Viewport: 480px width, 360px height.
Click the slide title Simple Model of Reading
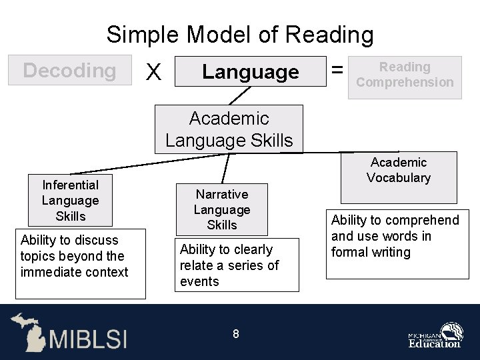click(240, 34)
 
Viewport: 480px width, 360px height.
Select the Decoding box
click(69, 70)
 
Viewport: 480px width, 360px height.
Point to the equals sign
click(338, 69)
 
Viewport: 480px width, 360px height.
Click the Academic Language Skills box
click(229, 129)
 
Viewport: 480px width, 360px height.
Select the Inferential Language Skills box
click(70, 201)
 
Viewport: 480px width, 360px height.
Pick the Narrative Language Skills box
click(221, 209)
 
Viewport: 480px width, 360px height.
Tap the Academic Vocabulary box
click(398, 177)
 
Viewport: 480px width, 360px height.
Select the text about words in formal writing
click(395, 237)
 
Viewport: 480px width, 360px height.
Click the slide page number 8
click(236, 334)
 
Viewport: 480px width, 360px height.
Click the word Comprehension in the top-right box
click(405, 83)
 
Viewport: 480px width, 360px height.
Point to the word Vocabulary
click(398, 178)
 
